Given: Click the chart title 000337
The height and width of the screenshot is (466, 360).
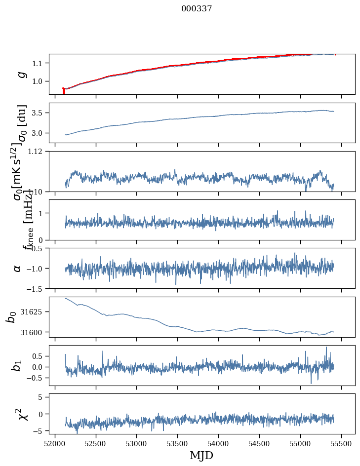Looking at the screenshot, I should (x=197, y=9).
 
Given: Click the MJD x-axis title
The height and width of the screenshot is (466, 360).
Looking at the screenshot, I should (x=201, y=455).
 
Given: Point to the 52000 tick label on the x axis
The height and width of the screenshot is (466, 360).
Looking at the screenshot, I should (x=55, y=443).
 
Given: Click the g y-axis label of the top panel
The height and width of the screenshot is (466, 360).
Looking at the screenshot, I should (x=21, y=74).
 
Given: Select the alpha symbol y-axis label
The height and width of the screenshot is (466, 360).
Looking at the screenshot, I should (x=18, y=268).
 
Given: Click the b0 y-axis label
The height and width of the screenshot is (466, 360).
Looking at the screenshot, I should (x=11, y=317).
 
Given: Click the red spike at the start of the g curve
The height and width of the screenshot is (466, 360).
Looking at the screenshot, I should (x=64, y=91).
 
